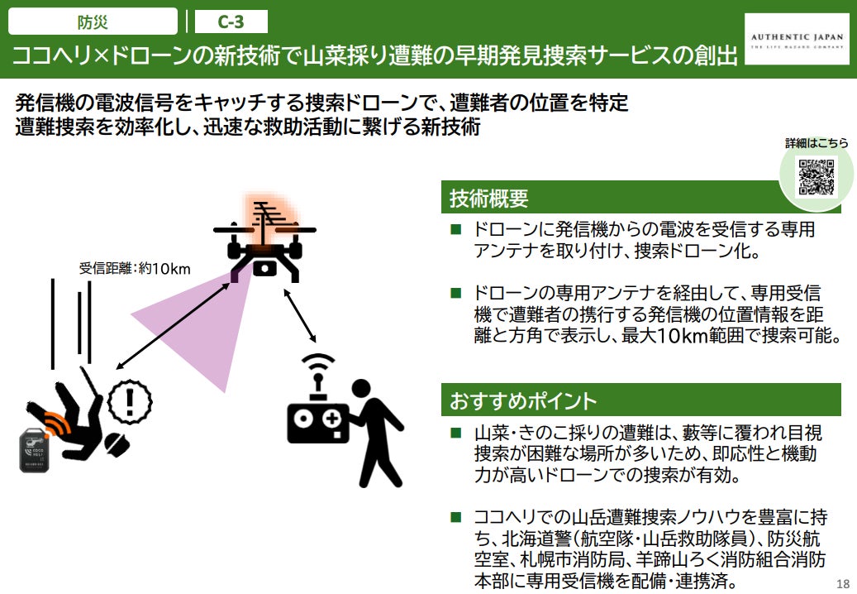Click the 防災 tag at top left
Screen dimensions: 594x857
pos(93,22)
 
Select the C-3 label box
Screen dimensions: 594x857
pos(231,22)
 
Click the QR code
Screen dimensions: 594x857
pos(816,176)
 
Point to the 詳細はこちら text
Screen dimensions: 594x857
pos(816,143)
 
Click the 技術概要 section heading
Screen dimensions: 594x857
pos(488,199)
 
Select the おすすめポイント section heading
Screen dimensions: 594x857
pos(521,401)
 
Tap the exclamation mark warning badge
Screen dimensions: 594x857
pos(128,400)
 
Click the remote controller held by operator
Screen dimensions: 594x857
pos(318,422)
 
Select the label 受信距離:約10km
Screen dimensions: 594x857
pos(136,268)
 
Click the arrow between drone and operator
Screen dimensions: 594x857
pos(299,316)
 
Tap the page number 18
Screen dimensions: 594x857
pos(842,580)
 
